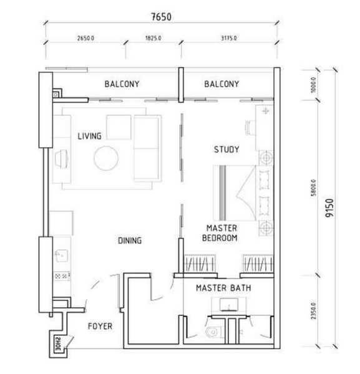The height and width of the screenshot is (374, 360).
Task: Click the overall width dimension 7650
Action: pyautogui.click(x=162, y=17)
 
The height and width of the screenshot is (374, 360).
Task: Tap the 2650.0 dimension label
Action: pyautogui.click(x=85, y=38)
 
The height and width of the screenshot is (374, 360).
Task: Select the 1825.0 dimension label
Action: pyautogui.click(x=153, y=38)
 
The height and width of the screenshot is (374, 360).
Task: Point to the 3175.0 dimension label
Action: pyautogui.click(x=229, y=38)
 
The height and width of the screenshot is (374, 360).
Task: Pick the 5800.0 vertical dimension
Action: pyautogui.click(x=313, y=188)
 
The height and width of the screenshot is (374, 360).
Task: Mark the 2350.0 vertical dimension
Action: pyautogui.click(x=313, y=311)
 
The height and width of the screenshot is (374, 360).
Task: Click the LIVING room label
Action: pyautogui.click(x=89, y=136)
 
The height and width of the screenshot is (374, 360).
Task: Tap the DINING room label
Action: pyautogui.click(x=130, y=241)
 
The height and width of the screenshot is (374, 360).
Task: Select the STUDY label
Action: pyautogui.click(x=226, y=150)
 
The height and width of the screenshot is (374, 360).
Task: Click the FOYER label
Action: pyautogui.click(x=100, y=326)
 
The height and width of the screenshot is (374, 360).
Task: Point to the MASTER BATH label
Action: pyautogui.click(x=223, y=288)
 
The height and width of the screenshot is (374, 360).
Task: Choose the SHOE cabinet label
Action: pyautogui.click(x=58, y=344)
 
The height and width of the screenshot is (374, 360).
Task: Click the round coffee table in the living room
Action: pyautogui.click(x=106, y=158)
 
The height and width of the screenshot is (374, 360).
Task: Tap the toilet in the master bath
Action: pyautogui.click(x=214, y=332)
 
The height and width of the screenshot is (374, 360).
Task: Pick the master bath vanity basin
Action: pyautogui.click(x=229, y=305)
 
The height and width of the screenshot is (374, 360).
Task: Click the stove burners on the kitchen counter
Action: pyautogui.click(x=62, y=276)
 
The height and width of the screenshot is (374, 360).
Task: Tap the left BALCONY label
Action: pyautogui.click(x=122, y=84)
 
